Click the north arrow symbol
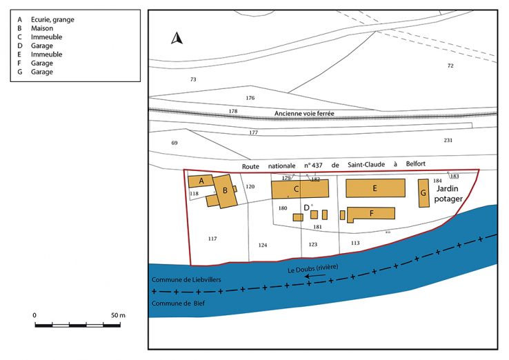pos(176,39)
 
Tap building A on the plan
pos(201,181)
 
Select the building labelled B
pos(225,191)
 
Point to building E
pos(375,188)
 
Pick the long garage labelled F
pos(372,214)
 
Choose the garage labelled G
pos(423,192)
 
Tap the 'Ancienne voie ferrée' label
pos(299,113)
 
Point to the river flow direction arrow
pos(315,277)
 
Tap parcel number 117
pos(212,239)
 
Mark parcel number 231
pos(448,140)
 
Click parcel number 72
pos(450,66)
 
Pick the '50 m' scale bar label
pos(118,315)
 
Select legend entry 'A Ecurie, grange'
pos(46,19)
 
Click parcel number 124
pos(262,245)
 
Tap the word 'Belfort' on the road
pos(417,166)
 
